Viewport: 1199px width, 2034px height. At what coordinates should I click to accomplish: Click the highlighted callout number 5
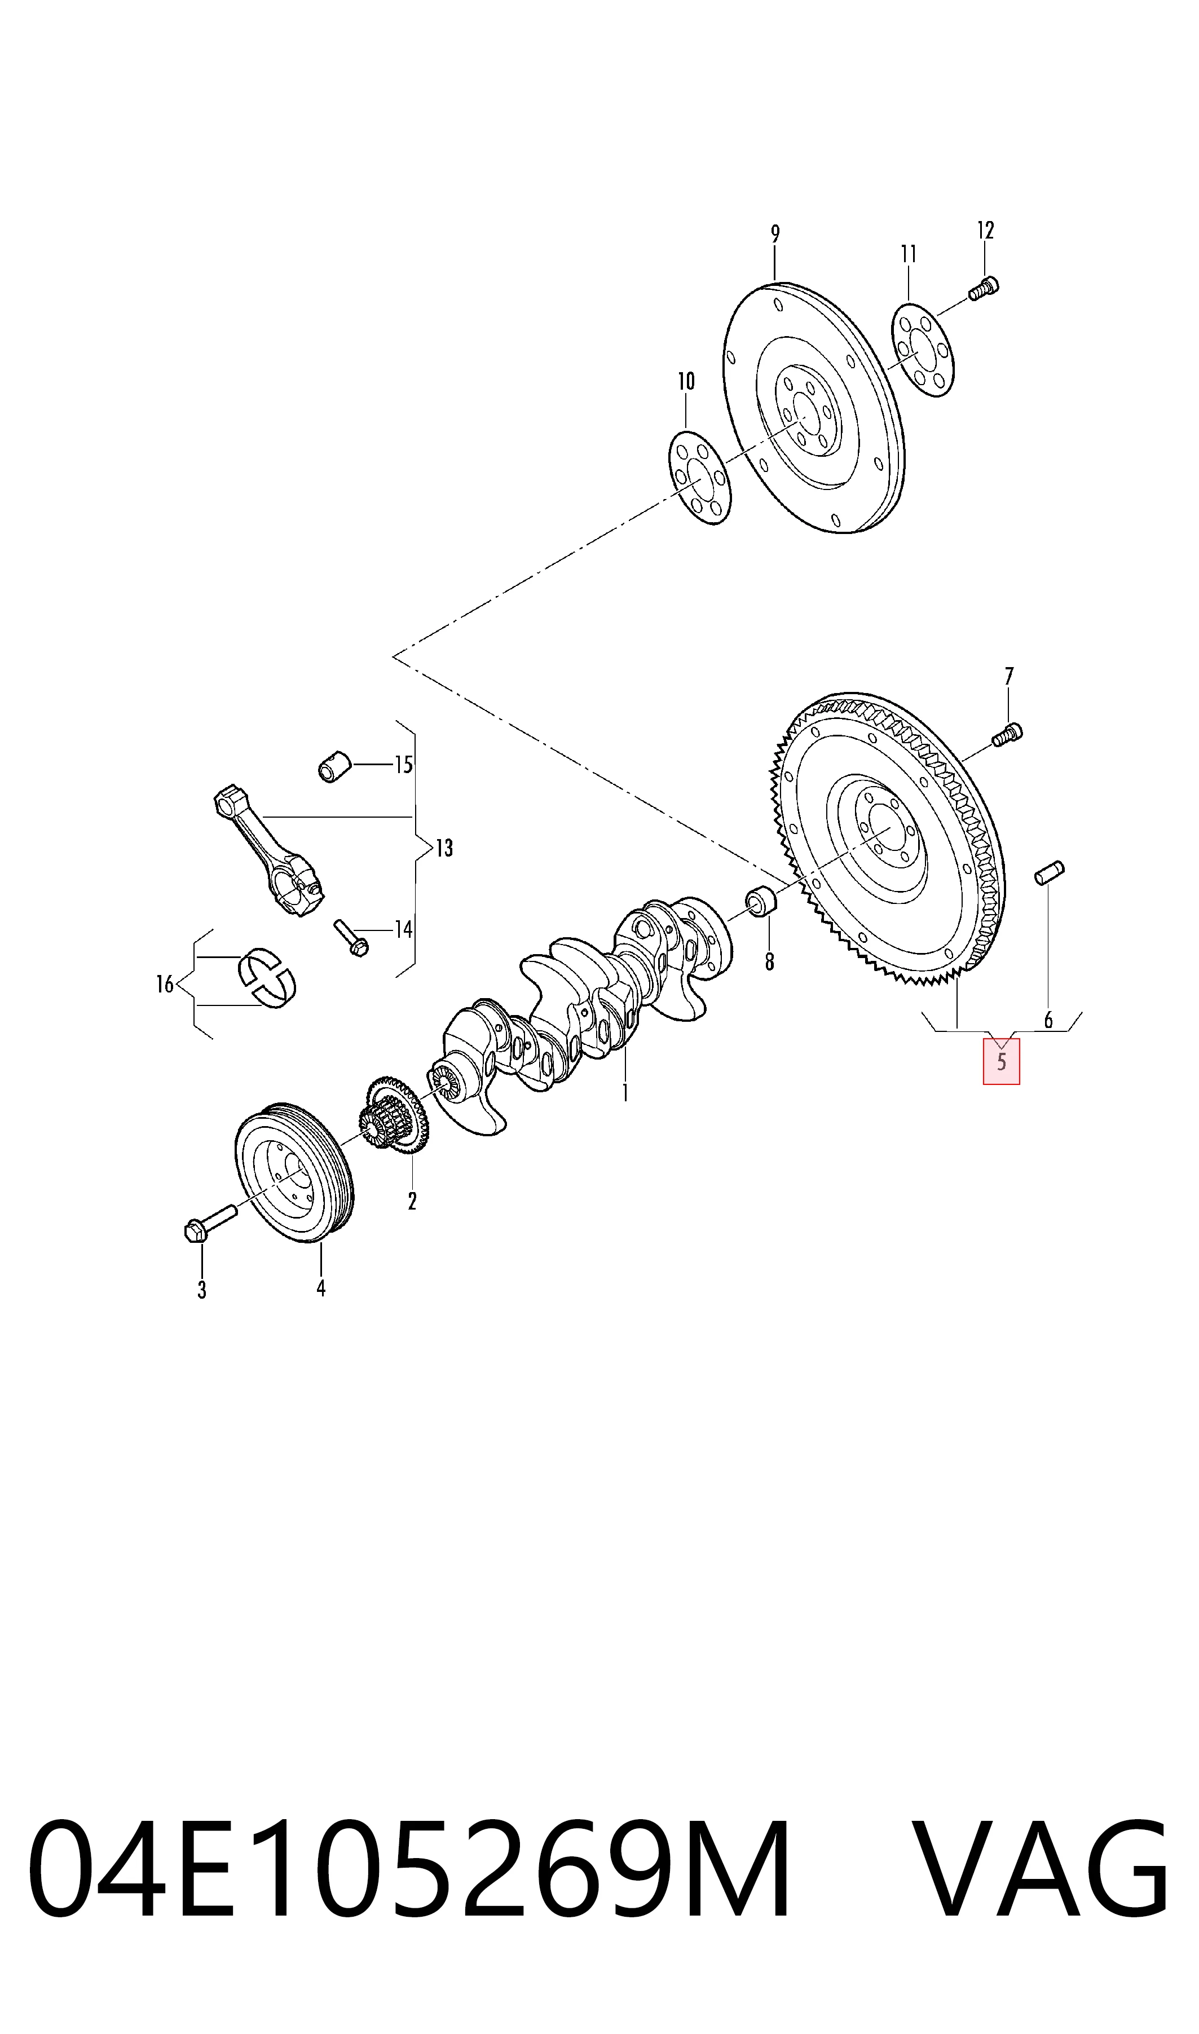pos(1001,1061)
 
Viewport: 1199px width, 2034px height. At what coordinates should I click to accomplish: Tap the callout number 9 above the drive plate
pos(775,234)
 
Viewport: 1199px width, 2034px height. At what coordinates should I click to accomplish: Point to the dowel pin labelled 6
pos(1050,873)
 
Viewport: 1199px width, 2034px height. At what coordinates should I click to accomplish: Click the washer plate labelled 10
pos(700,478)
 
